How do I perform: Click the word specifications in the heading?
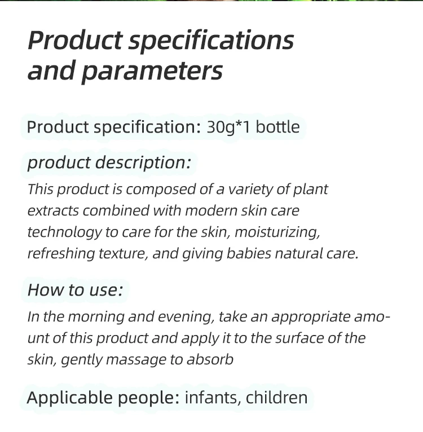point(211,41)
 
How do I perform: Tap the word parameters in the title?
point(152,72)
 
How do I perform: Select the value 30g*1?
point(228,127)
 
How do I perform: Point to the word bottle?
point(277,127)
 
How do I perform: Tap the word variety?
point(250,190)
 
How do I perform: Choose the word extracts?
point(53,211)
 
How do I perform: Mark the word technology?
point(65,232)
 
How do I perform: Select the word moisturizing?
point(277,232)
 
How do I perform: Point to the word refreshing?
point(61,254)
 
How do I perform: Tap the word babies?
point(249,253)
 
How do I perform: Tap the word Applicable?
point(70,398)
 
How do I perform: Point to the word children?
point(276,398)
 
